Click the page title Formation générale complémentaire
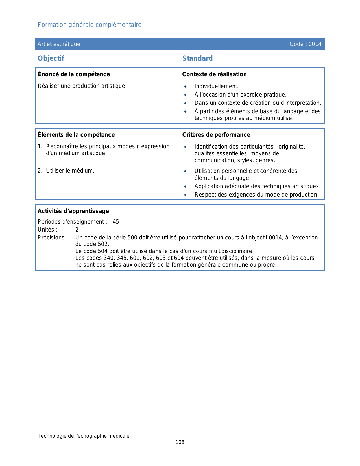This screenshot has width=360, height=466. tap(90, 25)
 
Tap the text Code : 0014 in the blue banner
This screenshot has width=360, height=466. tap(305, 44)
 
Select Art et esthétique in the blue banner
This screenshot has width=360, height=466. tap(59, 44)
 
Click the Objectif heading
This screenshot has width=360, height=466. tap(51, 58)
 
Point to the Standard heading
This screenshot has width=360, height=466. tap(197, 58)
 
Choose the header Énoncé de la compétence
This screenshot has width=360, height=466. tap(74, 74)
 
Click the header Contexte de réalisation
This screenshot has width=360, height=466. tap(214, 74)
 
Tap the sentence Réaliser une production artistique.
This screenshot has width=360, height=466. tap(82, 86)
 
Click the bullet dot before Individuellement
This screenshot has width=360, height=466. tap(185, 87)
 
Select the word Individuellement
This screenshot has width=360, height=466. tap(216, 86)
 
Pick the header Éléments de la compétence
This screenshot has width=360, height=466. tap(76, 135)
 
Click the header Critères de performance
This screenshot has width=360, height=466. tap(216, 135)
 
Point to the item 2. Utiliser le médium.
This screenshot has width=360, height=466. tap(66, 171)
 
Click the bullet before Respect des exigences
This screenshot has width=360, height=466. tap(185, 195)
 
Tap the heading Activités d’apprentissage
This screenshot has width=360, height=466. tap(73, 211)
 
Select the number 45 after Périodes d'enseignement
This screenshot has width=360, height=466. tap(116, 222)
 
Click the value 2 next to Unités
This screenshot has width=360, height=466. tap(77, 230)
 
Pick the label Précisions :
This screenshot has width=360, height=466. tap(53, 238)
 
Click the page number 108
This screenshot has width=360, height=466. tap(180, 442)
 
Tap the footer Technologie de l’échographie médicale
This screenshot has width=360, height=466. tap(84, 436)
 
